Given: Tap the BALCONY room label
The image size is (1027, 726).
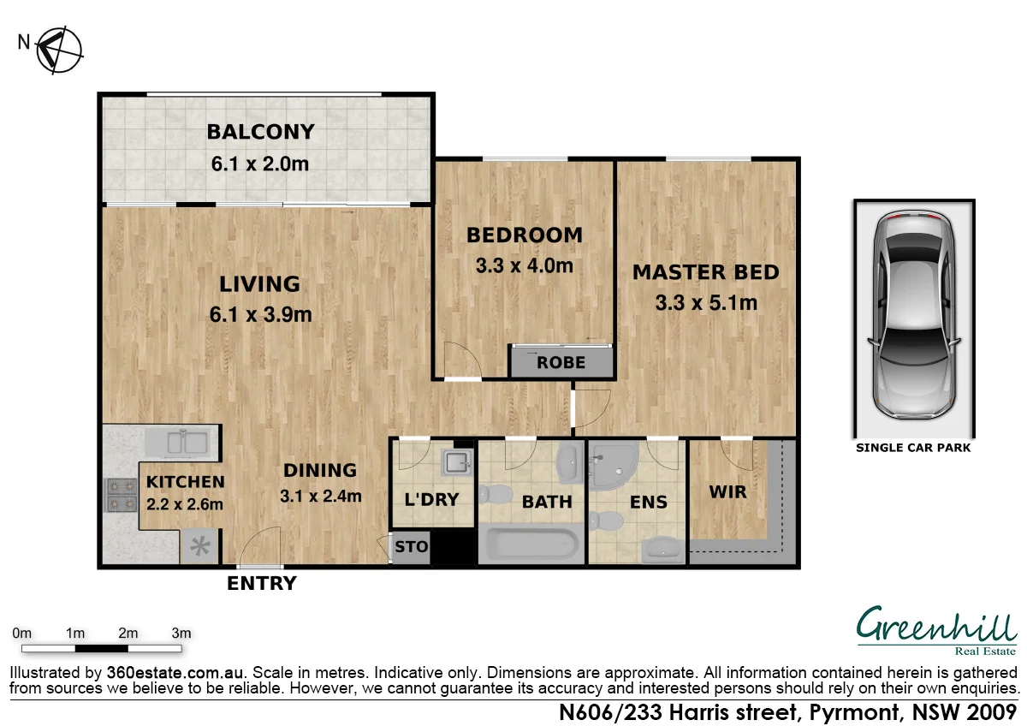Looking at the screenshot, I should coord(260,132).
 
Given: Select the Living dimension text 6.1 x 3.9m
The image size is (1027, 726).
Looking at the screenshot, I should coord(260,314).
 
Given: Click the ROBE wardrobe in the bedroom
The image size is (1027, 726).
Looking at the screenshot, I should coord(561,362).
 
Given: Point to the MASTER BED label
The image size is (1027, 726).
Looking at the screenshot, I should coord(705,272).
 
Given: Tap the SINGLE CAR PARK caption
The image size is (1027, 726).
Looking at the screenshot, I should coord(913,448).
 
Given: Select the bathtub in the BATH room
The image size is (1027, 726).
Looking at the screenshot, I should coord(531,545).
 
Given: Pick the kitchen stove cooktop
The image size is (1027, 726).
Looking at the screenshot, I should coord(120,495).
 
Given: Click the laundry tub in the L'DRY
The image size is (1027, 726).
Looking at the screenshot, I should coord(456,463).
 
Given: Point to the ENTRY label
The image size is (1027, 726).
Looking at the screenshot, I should coord(261,584).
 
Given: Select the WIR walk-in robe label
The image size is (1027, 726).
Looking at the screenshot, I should coord(727,492).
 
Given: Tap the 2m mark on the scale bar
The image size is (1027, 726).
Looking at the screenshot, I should coord(128,634).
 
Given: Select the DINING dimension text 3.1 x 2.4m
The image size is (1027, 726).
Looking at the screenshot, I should coord(320,496).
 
